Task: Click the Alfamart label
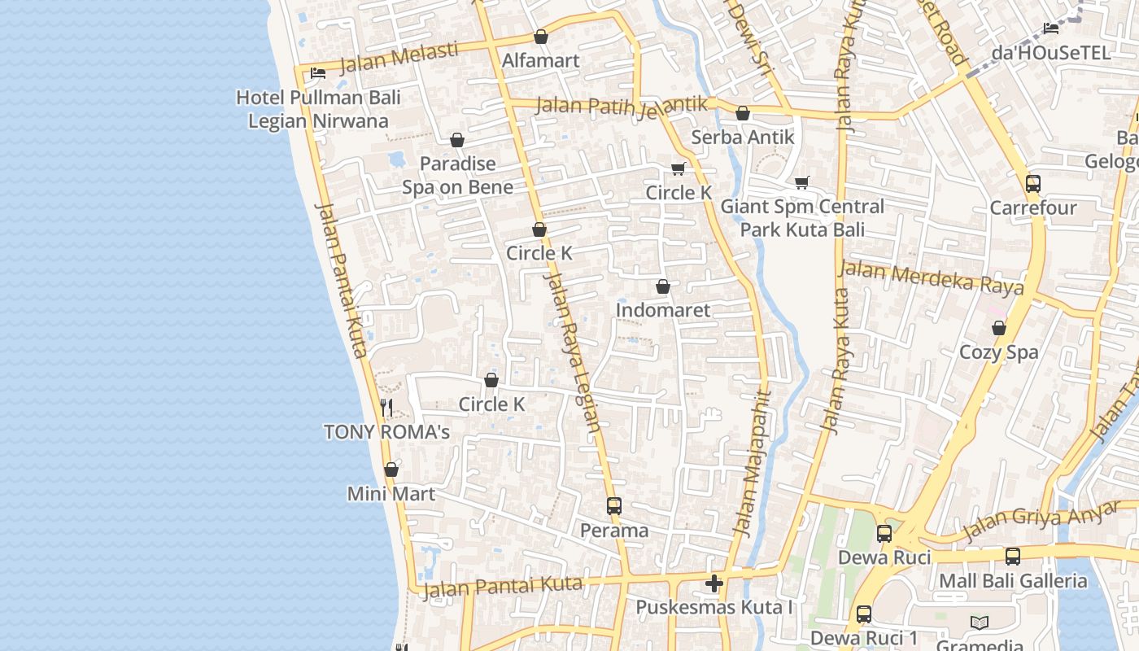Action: point(540,61)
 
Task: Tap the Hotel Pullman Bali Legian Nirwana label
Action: point(318,109)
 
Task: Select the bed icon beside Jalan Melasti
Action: point(318,73)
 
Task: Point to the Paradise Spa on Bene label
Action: point(457,175)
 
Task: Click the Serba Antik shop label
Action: point(742,138)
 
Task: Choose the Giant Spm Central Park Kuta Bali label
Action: point(802,218)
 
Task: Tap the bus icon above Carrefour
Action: point(1032,184)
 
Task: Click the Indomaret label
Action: point(662,310)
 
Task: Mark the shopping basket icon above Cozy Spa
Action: point(999,328)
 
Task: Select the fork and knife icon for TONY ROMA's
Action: point(387,408)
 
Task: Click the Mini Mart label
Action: point(391,494)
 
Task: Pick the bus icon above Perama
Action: point(614,506)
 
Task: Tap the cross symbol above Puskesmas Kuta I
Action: point(714,583)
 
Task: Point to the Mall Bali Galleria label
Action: point(1013,581)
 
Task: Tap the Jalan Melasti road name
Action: point(398,58)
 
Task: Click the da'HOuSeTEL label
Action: point(1050,53)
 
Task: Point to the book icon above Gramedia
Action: point(980,623)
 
